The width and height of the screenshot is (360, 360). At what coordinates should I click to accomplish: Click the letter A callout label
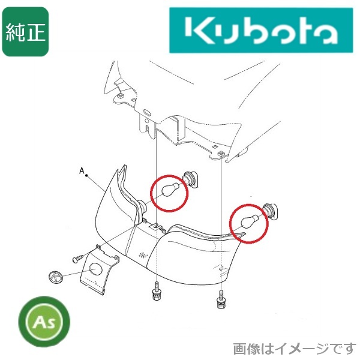coord(82,170)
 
